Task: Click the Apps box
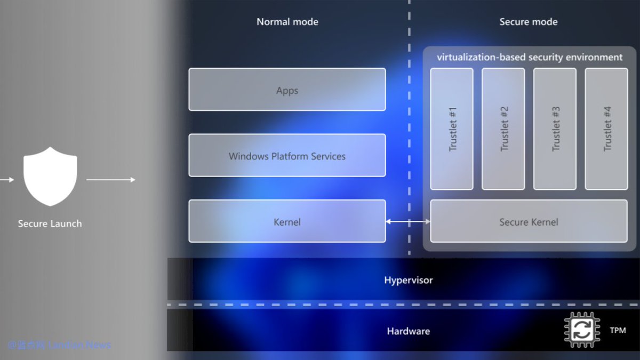pyautogui.click(x=287, y=90)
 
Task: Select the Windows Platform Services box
pyautogui.click(x=287, y=155)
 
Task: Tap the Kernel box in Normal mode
pyautogui.click(x=287, y=221)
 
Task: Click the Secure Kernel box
pyautogui.click(x=529, y=221)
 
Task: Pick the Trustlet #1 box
pyautogui.click(x=452, y=129)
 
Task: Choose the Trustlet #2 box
pyautogui.click(x=503, y=129)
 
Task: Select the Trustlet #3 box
pyautogui.click(x=555, y=129)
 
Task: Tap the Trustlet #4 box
pyautogui.click(x=606, y=129)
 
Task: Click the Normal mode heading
pyautogui.click(x=287, y=22)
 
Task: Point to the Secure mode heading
pyautogui.click(x=529, y=22)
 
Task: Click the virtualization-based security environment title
pyautogui.click(x=530, y=57)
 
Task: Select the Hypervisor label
pyautogui.click(x=409, y=280)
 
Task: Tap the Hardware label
pyautogui.click(x=409, y=331)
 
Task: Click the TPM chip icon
pyautogui.click(x=582, y=330)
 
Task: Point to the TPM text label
pyautogui.click(x=618, y=331)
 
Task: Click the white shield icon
pyautogui.click(x=50, y=177)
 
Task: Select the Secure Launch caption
pyautogui.click(x=50, y=223)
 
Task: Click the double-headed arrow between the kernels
pyautogui.click(x=408, y=221)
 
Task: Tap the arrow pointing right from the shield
pyautogui.click(x=111, y=180)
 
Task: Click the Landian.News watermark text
pyautogui.click(x=79, y=345)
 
